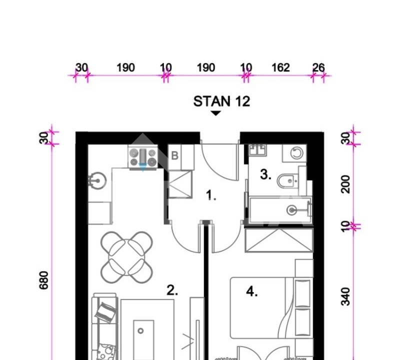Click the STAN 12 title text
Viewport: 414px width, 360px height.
(221, 101)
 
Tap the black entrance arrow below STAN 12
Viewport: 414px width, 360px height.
(215, 113)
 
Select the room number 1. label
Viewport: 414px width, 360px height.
(211, 195)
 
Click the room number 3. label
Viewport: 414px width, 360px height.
(265, 174)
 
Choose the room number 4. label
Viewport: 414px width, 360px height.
(252, 291)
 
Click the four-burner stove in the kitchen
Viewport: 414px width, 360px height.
(143, 157)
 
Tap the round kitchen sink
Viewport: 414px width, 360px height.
(97, 180)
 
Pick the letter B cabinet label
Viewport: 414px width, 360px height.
(174, 156)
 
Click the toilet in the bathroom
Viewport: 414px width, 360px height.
(287, 180)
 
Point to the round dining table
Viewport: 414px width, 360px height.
(126, 257)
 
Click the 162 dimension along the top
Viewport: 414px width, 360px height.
(280, 67)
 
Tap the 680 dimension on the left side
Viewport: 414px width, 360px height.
(44, 280)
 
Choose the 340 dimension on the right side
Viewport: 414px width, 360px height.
(345, 296)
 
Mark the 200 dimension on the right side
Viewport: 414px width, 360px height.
(345, 184)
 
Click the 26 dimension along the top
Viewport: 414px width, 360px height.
(318, 67)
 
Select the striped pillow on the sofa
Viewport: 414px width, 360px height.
(105, 312)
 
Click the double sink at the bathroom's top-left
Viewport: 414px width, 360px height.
(257, 150)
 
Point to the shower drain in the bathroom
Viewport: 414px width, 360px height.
(291, 210)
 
